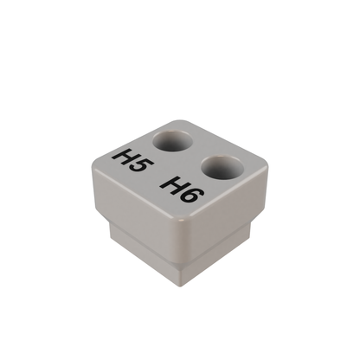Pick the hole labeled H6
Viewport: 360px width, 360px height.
coord(221,166)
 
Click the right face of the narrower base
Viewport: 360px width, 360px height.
coord(216,255)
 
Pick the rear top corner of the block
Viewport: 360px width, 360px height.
coord(179,120)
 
